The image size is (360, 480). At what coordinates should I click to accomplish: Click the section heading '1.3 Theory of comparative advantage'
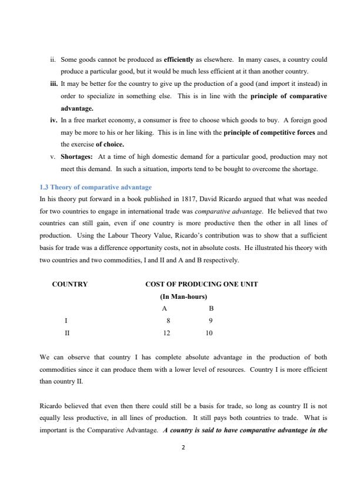[95, 187]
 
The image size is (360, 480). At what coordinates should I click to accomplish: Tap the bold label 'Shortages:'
[77, 157]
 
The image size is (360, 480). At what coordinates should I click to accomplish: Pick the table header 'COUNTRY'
[70, 284]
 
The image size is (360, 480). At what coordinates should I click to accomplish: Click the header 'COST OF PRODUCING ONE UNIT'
[201, 284]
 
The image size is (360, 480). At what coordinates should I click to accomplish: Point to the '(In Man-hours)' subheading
[184, 296]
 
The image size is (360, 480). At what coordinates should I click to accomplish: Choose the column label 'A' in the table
[165, 308]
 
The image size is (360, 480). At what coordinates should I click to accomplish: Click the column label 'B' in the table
[211, 308]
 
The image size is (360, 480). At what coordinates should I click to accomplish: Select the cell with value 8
[168, 321]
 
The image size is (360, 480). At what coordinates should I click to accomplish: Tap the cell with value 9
[211, 321]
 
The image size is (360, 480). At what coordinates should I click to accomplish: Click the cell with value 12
[167, 332]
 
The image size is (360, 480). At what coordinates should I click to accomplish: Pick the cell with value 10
[209, 332]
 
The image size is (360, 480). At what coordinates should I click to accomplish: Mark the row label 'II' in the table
[67, 332]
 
